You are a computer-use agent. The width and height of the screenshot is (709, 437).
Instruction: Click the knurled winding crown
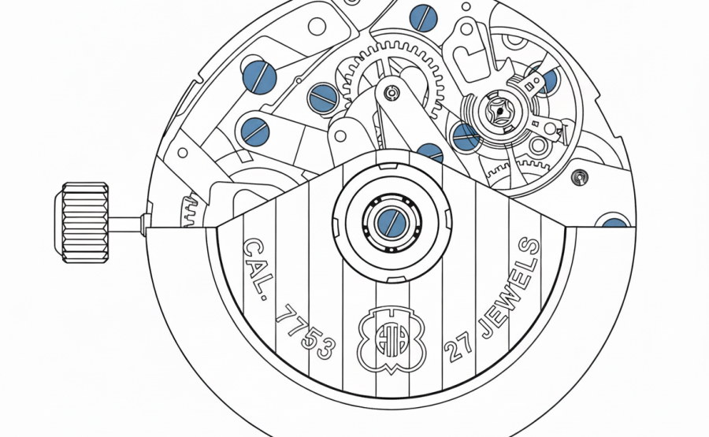[82, 222]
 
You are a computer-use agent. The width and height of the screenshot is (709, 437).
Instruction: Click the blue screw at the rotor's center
[392, 223]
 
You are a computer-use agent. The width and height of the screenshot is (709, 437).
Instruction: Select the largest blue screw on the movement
[259, 77]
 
